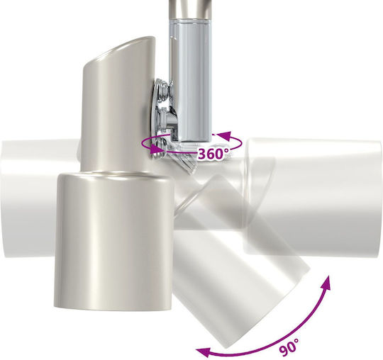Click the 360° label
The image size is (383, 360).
point(213,154)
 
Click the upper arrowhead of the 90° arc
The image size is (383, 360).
point(326,283)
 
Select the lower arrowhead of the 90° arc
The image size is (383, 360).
point(204,351)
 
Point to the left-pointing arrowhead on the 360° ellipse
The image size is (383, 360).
point(223,135)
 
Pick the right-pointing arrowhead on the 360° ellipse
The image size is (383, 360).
point(157,149)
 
